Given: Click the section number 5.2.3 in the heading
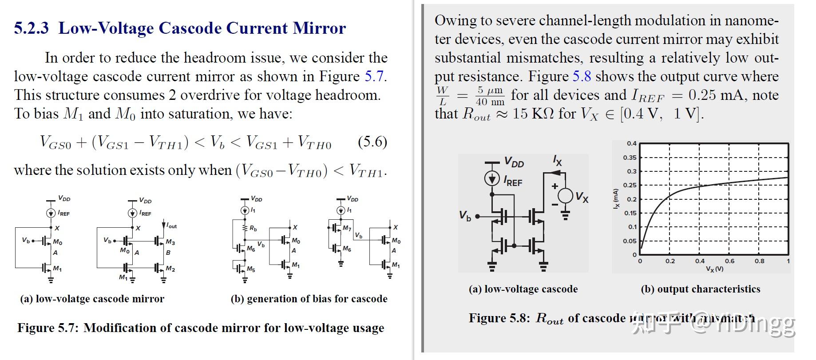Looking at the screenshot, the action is click(x=31, y=28).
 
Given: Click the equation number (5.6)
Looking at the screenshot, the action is click(x=372, y=142).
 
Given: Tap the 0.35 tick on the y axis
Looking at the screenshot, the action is click(x=630, y=158).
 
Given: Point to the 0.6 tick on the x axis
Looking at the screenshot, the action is click(x=729, y=261).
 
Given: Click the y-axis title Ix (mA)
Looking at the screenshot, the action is click(x=615, y=199).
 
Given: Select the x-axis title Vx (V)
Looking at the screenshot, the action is click(x=714, y=269).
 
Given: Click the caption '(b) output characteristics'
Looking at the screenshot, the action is click(x=700, y=289).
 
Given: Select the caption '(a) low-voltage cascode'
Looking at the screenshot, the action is click(x=523, y=289).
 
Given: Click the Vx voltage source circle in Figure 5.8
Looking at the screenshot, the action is click(x=565, y=195).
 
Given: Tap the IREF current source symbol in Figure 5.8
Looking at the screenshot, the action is click(x=492, y=178).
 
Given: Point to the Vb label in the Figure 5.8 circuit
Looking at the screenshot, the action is click(x=465, y=216).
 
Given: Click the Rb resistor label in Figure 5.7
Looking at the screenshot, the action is click(x=253, y=229).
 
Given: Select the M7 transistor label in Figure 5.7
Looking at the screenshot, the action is click(x=347, y=228).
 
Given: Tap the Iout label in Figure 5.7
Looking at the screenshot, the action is click(x=171, y=226).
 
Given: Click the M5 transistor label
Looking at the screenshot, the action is click(x=251, y=269).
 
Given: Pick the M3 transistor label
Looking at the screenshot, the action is click(x=170, y=242).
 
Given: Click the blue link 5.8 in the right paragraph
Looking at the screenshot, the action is click(x=581, y=76).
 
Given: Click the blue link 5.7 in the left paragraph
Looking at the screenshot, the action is click(x=375, y=76).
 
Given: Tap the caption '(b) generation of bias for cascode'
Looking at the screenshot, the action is click(x=309, y=299).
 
